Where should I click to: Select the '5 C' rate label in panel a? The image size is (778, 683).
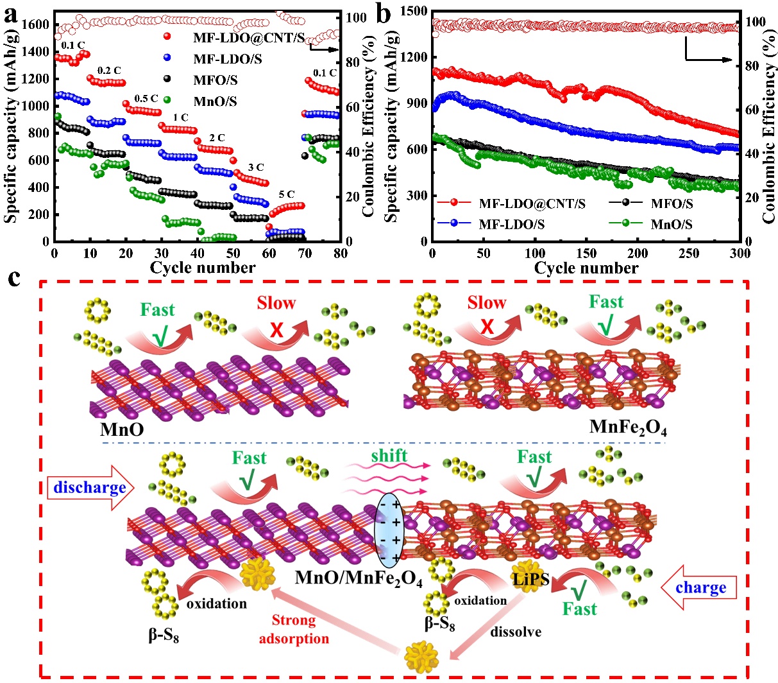[287, 194]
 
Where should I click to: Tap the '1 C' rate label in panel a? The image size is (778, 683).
[180, 117]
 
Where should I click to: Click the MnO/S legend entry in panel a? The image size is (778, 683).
[215, 101]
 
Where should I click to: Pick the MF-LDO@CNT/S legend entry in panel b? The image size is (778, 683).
[532, 204]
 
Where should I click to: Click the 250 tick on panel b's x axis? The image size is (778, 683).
[689, 254]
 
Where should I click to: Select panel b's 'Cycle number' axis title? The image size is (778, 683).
[586, 268]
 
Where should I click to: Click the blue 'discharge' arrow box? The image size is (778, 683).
[90, 488]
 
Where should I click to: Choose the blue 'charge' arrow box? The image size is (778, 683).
[700, 587]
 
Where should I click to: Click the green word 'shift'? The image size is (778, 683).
[389, 456]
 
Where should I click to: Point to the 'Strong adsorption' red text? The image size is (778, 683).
[293, 629]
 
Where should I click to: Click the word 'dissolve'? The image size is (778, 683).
[516, 632]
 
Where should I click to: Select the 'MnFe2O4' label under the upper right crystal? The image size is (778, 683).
[628, 427]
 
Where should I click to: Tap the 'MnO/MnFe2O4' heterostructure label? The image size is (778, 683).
[359, 578]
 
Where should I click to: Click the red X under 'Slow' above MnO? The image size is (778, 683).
[277, 329]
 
